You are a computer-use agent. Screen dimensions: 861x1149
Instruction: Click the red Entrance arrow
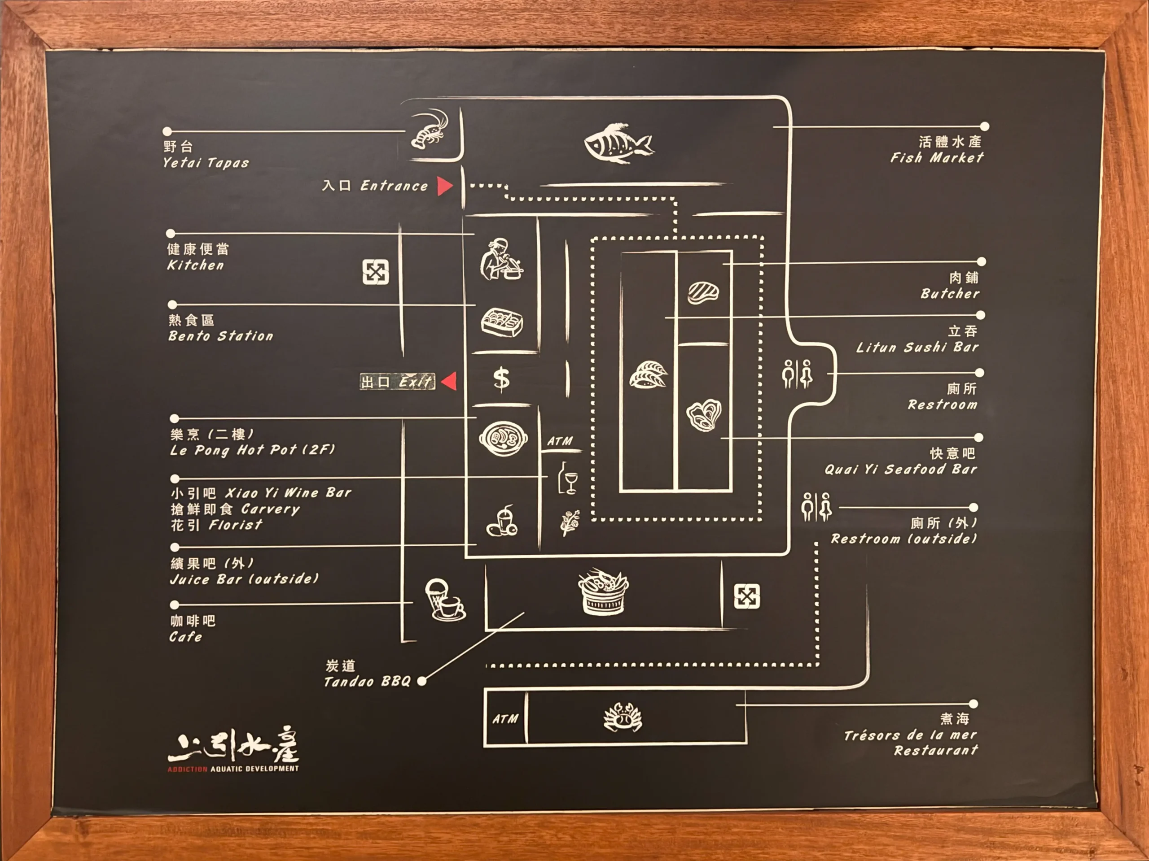click(x=444, y=186)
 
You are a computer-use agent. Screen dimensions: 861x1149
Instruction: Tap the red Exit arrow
click(x=450, y=381)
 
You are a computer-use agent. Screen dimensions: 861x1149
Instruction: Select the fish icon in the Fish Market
click(x=618, y=143)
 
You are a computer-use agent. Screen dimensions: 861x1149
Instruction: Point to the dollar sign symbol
click(x=501, y=379)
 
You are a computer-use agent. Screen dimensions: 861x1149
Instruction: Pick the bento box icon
click(x=502, y=322)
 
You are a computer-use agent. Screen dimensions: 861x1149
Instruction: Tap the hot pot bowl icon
click(x=503, y=439)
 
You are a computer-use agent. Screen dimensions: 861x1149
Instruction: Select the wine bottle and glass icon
click(x=568, y=478)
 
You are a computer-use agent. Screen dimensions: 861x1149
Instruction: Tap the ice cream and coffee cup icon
click(x=445, y=600)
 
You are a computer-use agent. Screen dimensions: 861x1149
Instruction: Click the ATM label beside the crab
click(x=505, y=719)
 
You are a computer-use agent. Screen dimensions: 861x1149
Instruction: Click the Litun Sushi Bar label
click(x=917, y=347)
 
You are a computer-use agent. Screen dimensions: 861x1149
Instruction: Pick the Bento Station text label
click(x=221, y=336)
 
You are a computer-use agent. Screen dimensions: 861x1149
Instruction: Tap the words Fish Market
click(x=937, y=158)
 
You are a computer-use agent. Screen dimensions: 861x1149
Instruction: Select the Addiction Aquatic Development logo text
click(x=233, y=769)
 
